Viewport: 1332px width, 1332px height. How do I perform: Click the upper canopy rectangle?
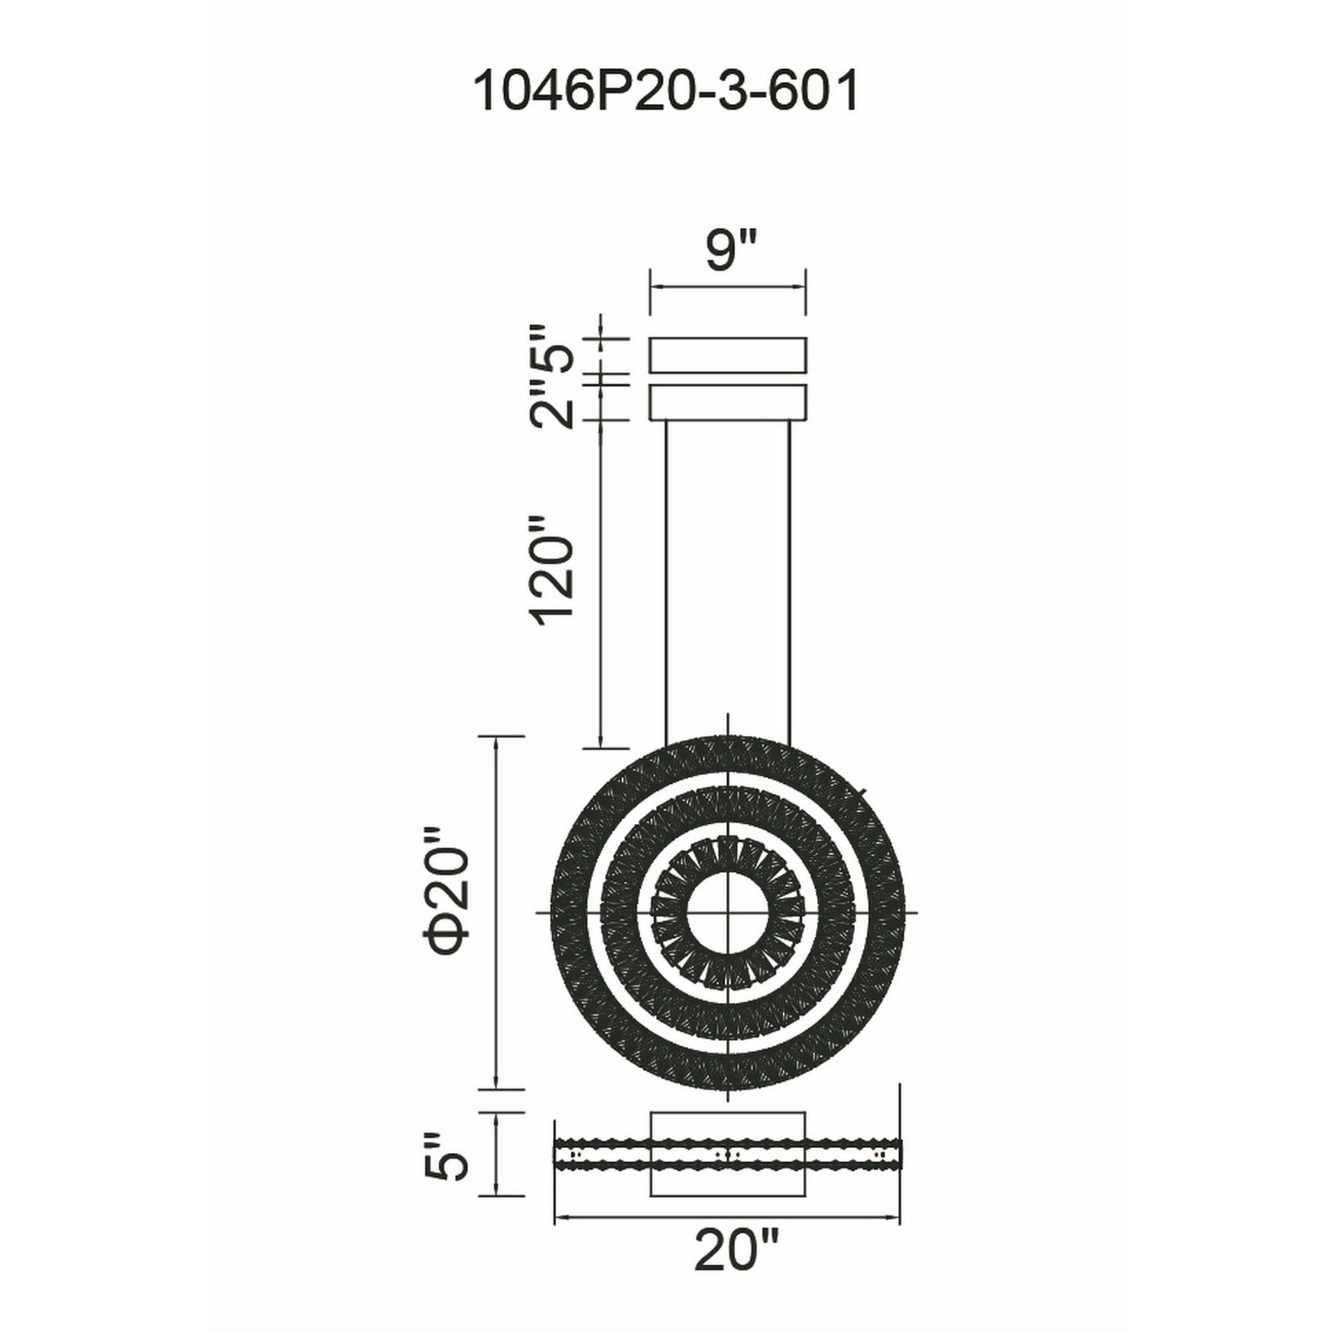(729, 355)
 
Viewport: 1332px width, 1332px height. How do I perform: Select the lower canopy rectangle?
(729, 402)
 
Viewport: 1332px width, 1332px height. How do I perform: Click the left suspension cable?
(667, 583)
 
